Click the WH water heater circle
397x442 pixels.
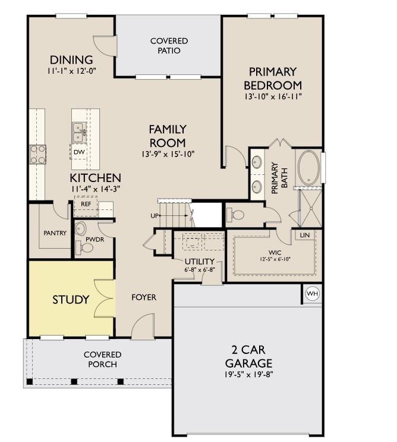point(312,293)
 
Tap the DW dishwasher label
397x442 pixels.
point(79,152)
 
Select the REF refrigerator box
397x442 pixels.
point(86,206)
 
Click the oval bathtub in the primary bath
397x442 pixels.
point(309,168)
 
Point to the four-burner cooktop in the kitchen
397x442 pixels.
point(37,154)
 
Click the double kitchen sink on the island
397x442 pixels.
point(79,132)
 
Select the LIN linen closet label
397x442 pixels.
point(305,235)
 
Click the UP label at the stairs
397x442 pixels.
point(155,215)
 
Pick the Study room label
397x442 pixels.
point(71,299)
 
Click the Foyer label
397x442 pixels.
point(144,297)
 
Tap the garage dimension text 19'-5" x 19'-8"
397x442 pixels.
point(249,375)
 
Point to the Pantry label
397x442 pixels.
point(55,233)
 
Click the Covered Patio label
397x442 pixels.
point(169,46)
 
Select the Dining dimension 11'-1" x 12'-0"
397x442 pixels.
point(71,71)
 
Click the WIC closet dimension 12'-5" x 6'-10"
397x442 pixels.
point(275,259)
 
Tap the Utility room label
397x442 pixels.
point(200,261)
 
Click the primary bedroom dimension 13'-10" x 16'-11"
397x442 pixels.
point(273,97)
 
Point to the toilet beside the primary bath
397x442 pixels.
point(235,215)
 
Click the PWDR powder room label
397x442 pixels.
point(95,239)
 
